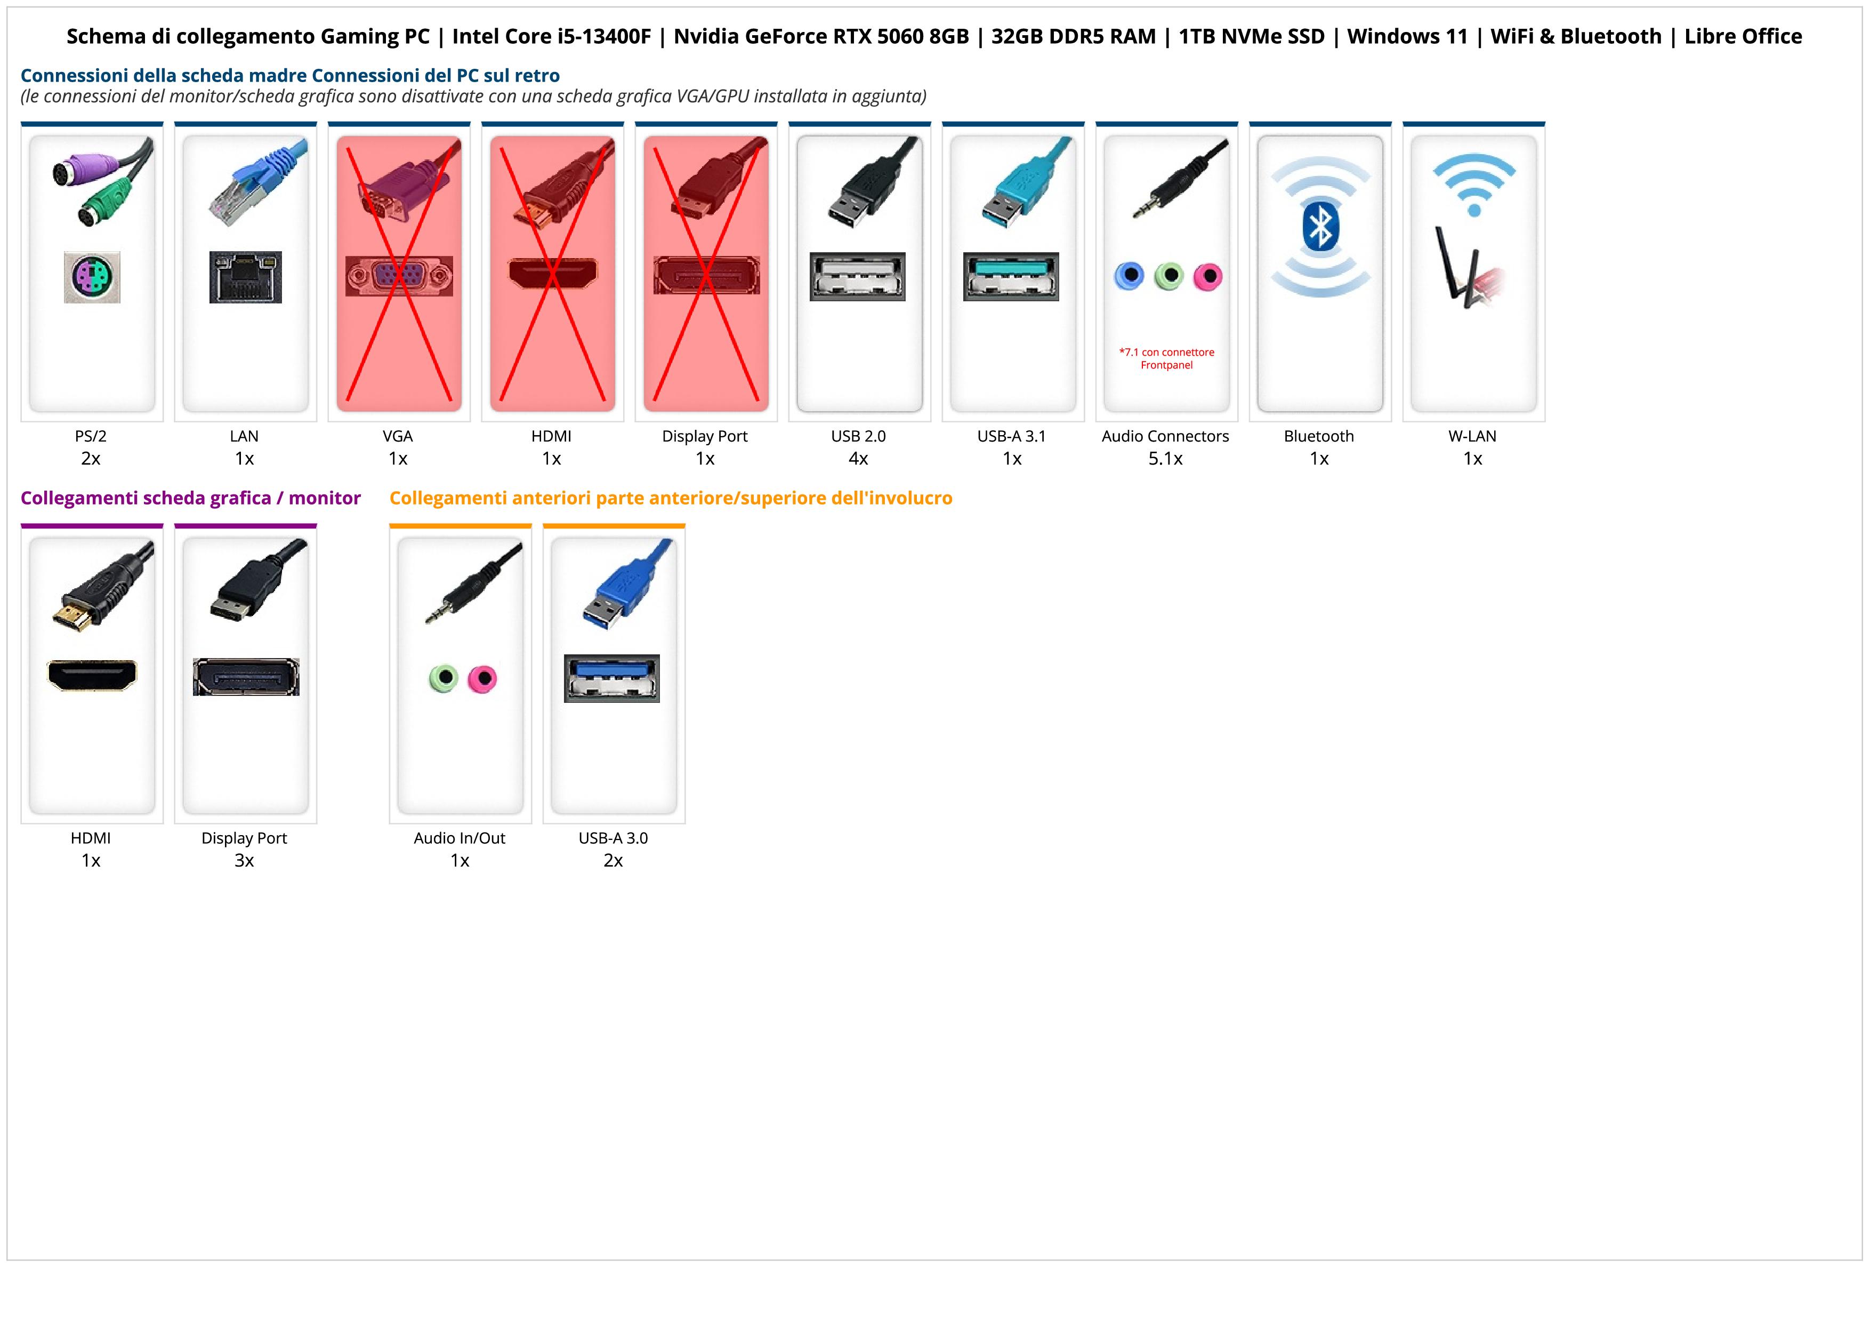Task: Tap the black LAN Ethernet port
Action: coord(245,277)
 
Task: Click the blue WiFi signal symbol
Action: coord(1473,183)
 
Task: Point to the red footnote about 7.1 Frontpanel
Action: coord(1166,358)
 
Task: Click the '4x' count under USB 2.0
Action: coord(858,459)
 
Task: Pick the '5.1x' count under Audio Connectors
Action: coord(1165,459)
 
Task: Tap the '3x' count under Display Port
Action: coord(244,860)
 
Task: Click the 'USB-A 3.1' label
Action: coord(1012,436)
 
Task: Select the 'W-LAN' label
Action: coord(1472,436)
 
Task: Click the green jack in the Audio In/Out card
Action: coord(443,678)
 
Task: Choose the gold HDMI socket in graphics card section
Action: coord(92,675)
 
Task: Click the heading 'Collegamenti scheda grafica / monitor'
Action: coord(191,498)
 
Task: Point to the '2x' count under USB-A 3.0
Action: coord(613,860)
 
